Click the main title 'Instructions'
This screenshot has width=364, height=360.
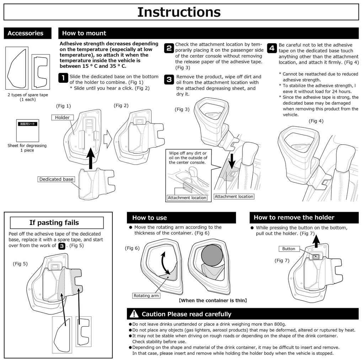tap(179, 12)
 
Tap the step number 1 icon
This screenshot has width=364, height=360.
tap(63, 78)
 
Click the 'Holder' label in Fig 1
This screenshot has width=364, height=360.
tap(62, 117)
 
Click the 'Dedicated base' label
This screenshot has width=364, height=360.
tap(56, 179)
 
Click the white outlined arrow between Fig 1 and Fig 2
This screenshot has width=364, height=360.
tap(108, 139)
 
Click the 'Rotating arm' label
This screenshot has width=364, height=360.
tap(146, 295)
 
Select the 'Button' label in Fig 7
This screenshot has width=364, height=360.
tap(289, 249)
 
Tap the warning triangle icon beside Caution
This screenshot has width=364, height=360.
tap(134, 314)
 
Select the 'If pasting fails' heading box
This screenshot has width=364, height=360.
tap(57, 223)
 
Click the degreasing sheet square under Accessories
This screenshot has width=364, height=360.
tap(28, 130)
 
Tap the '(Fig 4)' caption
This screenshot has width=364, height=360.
tap(316, 121)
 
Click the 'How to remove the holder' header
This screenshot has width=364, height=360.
tap(294, 217)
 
